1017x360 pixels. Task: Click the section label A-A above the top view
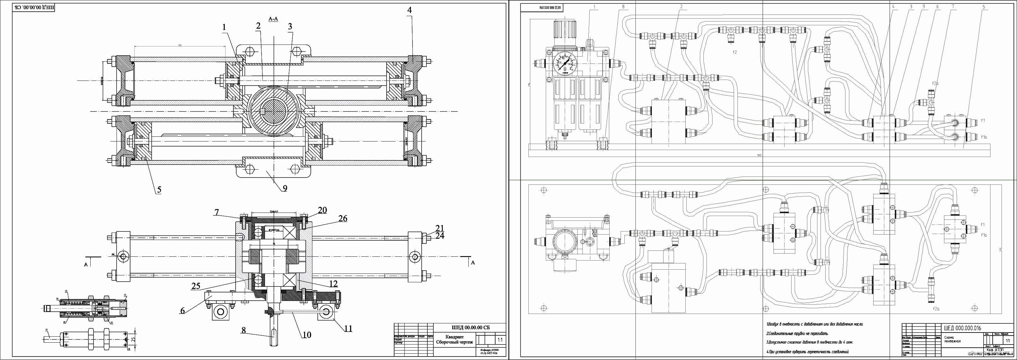click(x=273, y=19)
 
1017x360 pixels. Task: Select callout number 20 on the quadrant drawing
click(x=322, y=210)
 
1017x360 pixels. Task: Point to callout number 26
click(x=342, y=218)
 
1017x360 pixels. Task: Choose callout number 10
click(x=307, y=335)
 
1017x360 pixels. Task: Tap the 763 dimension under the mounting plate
click(x=759, y=155)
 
